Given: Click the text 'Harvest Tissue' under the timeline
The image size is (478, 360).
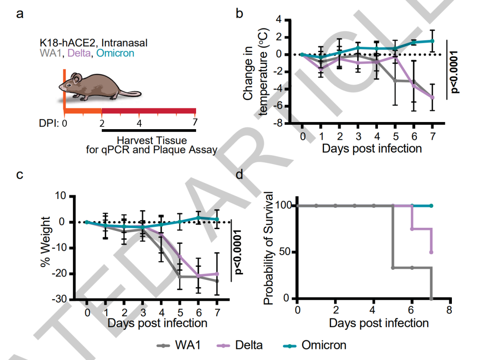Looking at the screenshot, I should point(152,141).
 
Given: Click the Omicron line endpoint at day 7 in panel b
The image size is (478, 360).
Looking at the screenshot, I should point(432,41).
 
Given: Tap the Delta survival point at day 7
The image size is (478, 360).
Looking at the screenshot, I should point(431,252).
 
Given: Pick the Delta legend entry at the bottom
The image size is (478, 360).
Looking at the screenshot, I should point(241,345).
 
